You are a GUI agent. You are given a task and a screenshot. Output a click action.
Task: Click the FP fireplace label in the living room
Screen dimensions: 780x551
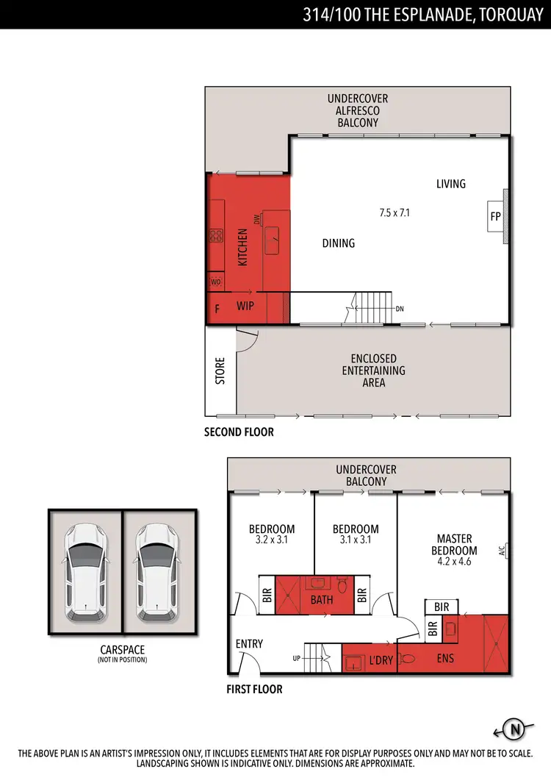495,217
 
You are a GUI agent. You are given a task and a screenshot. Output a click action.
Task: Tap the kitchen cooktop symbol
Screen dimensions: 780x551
216,236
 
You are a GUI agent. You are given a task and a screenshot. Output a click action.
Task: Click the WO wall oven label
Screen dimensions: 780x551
216,282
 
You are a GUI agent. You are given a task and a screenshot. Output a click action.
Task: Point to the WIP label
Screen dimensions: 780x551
245,306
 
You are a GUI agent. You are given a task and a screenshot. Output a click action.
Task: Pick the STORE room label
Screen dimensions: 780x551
220,371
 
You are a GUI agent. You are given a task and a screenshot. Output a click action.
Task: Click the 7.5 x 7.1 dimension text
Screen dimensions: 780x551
395,213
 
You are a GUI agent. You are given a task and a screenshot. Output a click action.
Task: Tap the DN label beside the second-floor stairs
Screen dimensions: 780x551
400,309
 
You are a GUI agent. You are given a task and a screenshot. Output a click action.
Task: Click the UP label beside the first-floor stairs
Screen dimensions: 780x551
296,658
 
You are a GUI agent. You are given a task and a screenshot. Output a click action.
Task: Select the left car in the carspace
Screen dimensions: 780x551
85,571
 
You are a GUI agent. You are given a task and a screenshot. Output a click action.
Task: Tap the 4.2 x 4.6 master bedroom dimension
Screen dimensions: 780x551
453,562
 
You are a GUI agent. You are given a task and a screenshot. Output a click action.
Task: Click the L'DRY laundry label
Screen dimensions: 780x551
381,660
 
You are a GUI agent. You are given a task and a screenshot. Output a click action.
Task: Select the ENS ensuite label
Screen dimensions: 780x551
445,659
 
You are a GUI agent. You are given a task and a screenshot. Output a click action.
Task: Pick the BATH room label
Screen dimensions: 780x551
321,599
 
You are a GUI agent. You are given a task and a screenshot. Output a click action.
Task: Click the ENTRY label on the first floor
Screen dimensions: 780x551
249,644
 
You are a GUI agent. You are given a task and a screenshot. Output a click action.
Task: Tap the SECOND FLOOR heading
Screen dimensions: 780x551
239,432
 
